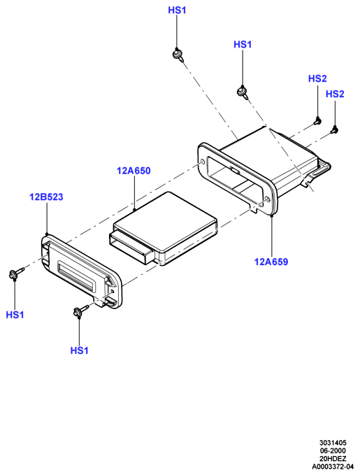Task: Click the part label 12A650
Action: (134, 171)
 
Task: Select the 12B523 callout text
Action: (46, 197)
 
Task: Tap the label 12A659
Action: (271, 262)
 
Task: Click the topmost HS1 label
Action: (177, 10)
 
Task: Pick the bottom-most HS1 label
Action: (79, 350)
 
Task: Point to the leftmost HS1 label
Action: (15, 315)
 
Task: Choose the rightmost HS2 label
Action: (335, 94)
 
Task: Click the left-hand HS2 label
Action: (317, 78)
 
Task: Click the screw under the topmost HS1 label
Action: (178, 55)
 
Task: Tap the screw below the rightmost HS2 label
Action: (335, 129)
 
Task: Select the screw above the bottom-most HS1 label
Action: (80, 311)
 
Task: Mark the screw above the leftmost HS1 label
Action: (16, 274)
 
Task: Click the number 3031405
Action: (333, 443)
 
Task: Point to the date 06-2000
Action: (333, 451)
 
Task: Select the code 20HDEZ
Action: (333, 459)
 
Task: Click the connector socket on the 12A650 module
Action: (131, 244)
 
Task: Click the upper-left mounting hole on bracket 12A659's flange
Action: (202, 163)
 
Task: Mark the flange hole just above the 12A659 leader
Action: (267, 199)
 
